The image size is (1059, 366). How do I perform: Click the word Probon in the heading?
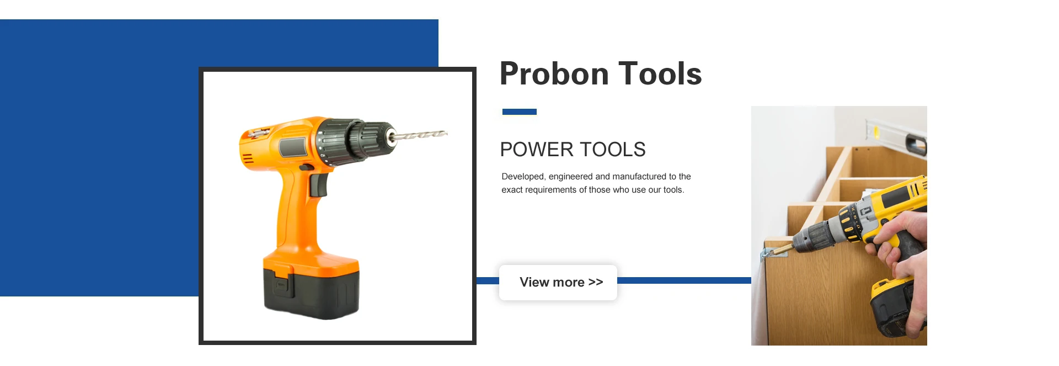(554, 74)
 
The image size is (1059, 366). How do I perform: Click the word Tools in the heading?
(660, 74)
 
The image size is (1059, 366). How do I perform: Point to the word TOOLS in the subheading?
(612, 150)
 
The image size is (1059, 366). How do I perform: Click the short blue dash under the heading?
(519, 112)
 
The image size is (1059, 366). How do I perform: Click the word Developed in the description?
(523, 177)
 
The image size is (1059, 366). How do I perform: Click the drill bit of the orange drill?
(422, 134)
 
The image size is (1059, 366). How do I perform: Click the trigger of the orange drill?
(319, 185)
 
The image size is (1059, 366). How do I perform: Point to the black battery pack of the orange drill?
(312, 295)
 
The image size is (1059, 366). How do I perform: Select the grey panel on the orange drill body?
(293, 147)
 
